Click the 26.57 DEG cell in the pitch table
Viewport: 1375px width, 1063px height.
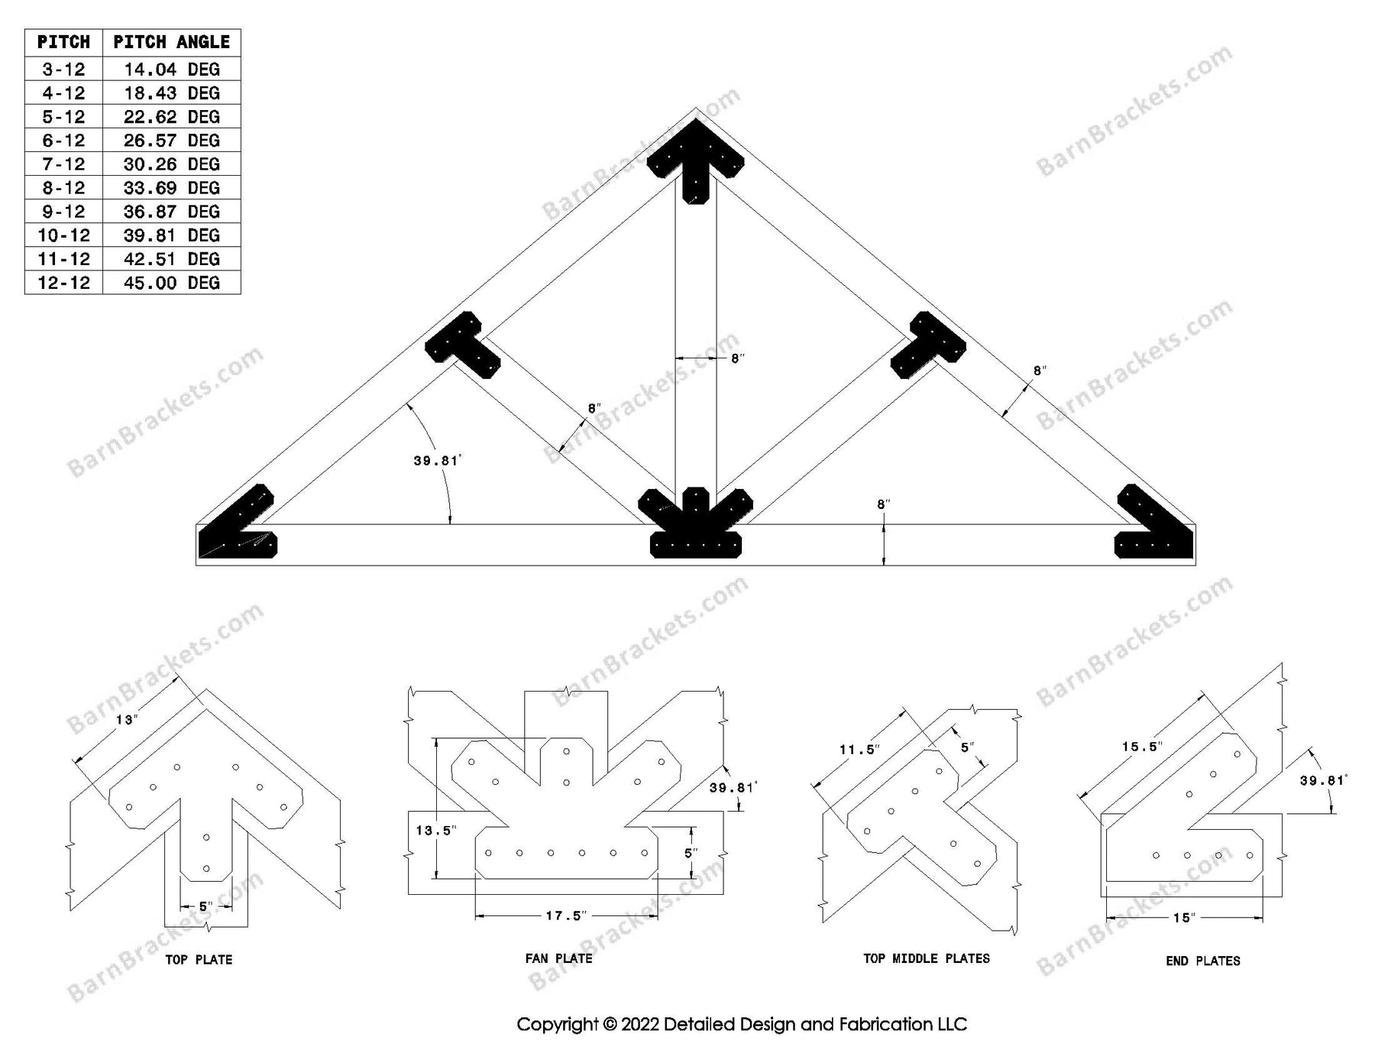[171, 141]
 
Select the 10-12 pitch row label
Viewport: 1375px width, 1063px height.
[63, 235]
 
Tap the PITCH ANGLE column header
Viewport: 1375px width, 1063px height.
[171, 42]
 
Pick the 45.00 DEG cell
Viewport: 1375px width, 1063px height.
[171, 283]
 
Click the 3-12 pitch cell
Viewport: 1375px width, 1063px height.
[63, 70]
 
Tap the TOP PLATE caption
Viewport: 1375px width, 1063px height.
[199, 960]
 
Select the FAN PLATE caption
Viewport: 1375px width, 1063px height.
[558, 958]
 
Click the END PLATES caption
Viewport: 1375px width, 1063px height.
[1202, 961]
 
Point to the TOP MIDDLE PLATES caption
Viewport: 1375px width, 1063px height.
[926, 958]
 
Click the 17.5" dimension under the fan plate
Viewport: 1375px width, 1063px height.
[565, 916]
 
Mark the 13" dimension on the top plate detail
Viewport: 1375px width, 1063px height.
[126, 720]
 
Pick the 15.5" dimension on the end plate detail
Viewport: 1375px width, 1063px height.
[1142, 747]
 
